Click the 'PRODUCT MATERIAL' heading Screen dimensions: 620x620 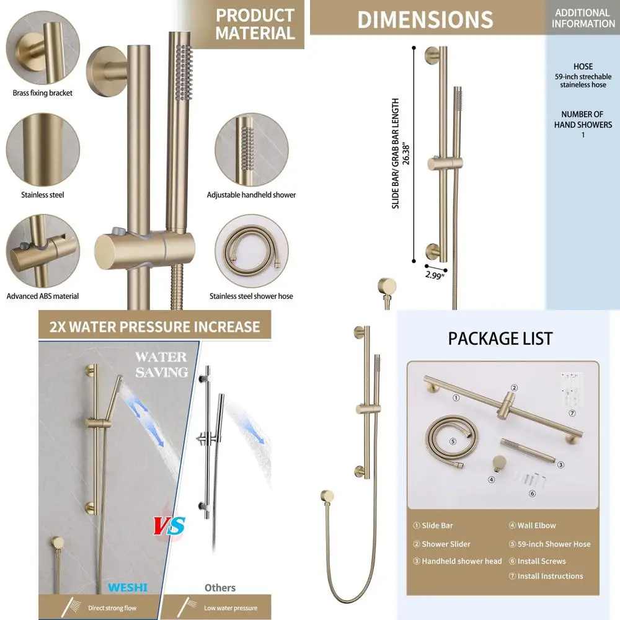(x=255, y=24)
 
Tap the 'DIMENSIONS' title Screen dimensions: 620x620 (x=425, y=20)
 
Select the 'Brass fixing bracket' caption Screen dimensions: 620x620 (x=43, y=93)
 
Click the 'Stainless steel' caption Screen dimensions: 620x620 (x=43, y=195)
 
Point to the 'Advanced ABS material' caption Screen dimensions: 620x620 (x=43, y=296)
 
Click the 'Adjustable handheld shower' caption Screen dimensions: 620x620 (x=251, y=195)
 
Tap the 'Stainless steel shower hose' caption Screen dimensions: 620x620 (x=251, y=296)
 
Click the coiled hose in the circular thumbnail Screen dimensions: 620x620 (x=251, y=251)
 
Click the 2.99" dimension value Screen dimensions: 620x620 (x=435, y=275)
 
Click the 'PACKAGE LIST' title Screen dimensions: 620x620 (x=500, y=339)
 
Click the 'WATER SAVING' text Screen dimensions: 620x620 (x=161, y=365)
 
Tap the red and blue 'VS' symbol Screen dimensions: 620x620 (x=170, y=526)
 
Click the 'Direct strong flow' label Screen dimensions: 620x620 (x=112, y=608)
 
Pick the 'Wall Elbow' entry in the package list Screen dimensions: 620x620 (x=537, y=525)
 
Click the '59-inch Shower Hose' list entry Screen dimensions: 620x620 (x=554, y=544)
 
